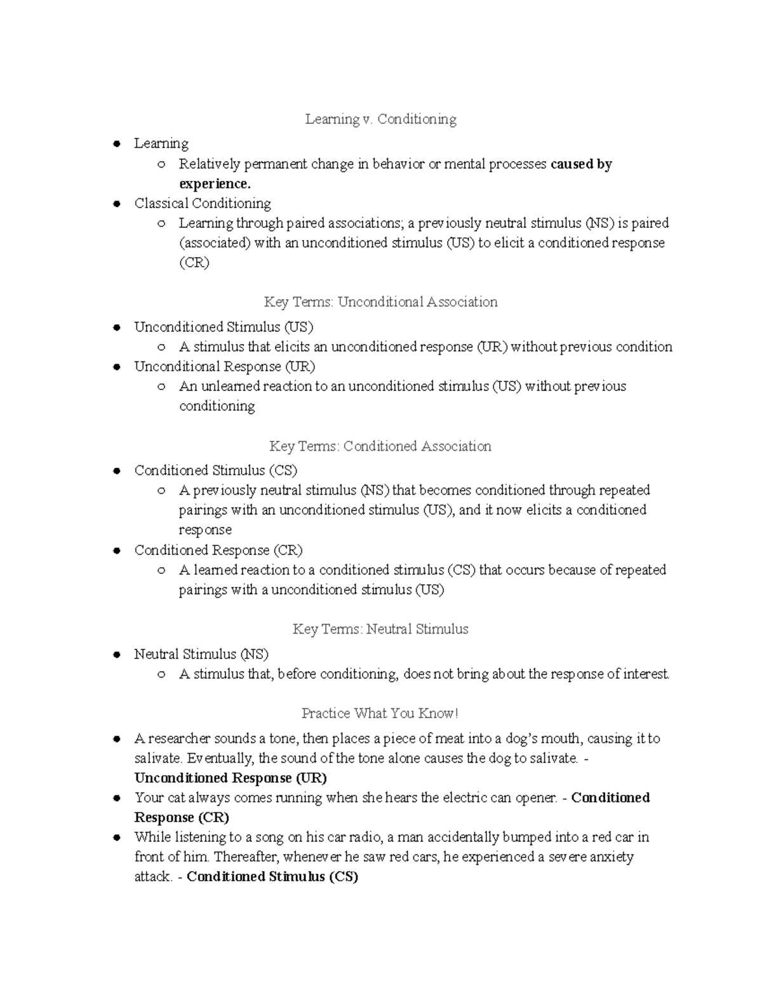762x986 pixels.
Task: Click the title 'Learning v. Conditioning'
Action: pos(380,119)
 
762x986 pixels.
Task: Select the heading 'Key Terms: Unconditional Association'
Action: pos(380,302)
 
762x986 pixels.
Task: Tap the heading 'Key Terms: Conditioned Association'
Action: pos(380,446)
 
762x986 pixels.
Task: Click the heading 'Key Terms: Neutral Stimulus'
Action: pos(380,629)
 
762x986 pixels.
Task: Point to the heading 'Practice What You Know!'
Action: pos(380,714)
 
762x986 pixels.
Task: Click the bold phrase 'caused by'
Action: pos(581,164)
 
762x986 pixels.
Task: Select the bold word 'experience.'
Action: pos(215,184)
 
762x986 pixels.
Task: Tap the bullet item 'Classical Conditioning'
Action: pos(203,204)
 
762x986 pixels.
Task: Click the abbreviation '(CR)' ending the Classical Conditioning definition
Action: pos(194,263)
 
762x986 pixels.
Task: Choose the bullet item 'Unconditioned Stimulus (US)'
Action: pos(224,328)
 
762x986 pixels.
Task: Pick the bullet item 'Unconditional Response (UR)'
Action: pos(224,367)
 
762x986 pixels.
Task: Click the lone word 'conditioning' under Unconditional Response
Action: pos(217,406)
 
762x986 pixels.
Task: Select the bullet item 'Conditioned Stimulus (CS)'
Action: pos(216,470)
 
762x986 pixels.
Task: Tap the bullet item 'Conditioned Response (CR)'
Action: pos(218,550)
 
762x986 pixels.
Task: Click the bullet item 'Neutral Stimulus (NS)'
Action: pos(201,654)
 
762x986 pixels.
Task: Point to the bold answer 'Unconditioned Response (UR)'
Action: pos(231,778)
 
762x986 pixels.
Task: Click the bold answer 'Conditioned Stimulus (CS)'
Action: pos(272,877)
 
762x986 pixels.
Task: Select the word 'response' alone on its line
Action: pos(205,530)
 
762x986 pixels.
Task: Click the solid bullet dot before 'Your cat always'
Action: pos(116,798)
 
